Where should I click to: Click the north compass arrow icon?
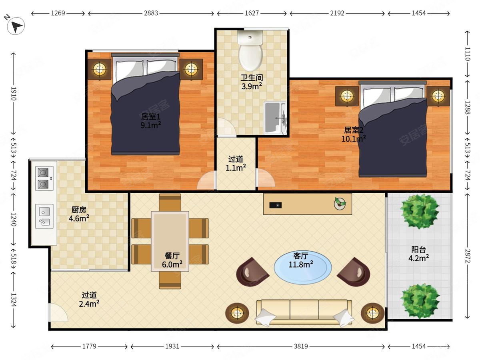16,26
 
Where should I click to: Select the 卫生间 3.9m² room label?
252,82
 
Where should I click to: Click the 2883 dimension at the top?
151,13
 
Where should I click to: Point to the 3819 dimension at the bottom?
301,346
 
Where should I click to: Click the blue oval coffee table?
303,267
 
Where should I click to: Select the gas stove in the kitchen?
44,178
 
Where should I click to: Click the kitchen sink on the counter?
44,216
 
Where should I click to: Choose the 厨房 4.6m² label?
79,214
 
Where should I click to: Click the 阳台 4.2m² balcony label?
418,254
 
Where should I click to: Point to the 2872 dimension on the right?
467,256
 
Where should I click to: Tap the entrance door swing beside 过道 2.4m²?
58,312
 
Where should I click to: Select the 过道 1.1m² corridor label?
236,164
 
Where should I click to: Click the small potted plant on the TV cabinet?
340,204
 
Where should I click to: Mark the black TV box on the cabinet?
275,205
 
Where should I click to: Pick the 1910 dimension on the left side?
14,94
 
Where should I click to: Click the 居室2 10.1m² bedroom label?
354,134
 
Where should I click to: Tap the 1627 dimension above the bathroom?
252,13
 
